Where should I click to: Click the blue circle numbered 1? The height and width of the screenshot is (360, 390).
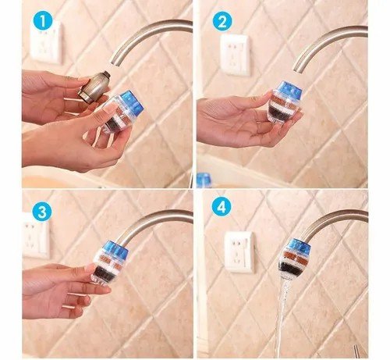coord(43,21)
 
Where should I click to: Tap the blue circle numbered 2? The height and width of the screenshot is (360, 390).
coord(222,22)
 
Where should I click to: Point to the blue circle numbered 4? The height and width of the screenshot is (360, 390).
coord(222,208)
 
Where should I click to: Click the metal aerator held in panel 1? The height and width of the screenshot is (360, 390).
coord(94,85)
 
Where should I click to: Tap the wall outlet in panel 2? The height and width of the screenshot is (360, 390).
coord(235,55)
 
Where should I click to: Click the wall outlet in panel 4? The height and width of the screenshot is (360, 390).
coord(239,251)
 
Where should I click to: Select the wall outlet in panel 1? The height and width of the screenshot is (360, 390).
coord(46,42)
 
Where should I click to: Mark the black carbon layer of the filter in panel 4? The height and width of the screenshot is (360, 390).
coord(290,269)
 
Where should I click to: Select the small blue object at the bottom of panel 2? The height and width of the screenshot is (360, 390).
coord(204,180)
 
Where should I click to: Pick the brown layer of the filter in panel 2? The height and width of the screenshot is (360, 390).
coord(284,102)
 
